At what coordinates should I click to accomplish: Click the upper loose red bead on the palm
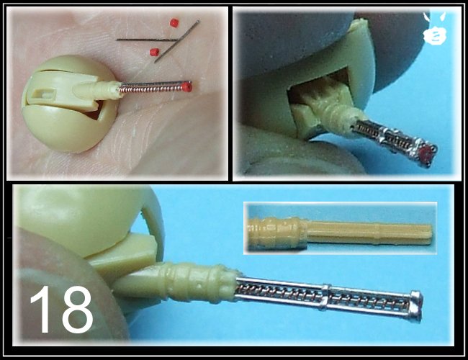click(x=174, y=23)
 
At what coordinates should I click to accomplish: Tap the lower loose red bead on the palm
click(x=154, y=53)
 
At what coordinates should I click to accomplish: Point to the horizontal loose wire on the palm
click(x=147, y=40)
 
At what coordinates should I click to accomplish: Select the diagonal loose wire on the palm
click(x=176, y=42)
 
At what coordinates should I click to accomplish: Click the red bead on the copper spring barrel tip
click(x=186, y=87)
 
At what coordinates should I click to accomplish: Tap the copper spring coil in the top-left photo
click(x=151, y=88)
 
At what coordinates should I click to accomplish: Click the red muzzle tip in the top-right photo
click(x=427, y=153)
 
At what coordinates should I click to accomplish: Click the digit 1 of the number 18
click(x=42, y=309)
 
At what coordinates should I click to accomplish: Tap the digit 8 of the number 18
click(x=77, y=310)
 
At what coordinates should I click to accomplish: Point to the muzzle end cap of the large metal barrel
click(x=416, y=306)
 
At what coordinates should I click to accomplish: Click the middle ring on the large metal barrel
click(x=325, y=297)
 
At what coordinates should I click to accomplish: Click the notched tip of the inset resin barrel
click(x=428, y=234)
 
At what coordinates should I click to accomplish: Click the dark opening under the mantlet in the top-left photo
click(x=96, y=110)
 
